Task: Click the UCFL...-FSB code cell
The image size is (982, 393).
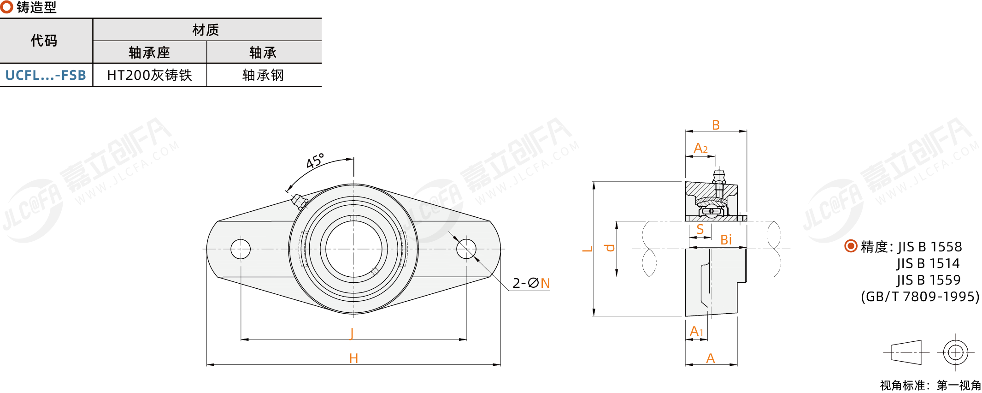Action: [46, 75]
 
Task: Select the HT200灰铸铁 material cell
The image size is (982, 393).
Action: [149, 75]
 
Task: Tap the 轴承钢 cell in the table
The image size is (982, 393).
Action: [263, 75]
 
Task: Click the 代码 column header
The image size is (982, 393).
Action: [44, 41]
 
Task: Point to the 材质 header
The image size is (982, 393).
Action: [206, 30]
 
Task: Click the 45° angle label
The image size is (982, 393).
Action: [315, 161]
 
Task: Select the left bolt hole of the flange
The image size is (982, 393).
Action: [241, 249]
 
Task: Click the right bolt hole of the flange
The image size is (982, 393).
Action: [466, 249]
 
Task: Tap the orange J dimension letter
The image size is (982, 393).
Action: [352, 333]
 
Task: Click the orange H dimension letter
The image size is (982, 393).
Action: [353, 358]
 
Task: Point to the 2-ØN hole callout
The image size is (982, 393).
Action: [531, 283]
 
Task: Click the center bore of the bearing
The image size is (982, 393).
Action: [353, 249]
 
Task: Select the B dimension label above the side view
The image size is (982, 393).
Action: [716, 125]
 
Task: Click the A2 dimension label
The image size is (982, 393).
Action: [700, 148]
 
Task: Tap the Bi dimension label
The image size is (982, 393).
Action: [726, 240]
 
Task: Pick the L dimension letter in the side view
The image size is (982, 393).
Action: [587, 249]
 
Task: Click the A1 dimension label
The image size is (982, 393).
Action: [696, 331]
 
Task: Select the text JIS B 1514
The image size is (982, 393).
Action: [928, 263]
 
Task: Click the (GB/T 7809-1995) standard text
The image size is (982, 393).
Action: [920, 297]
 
